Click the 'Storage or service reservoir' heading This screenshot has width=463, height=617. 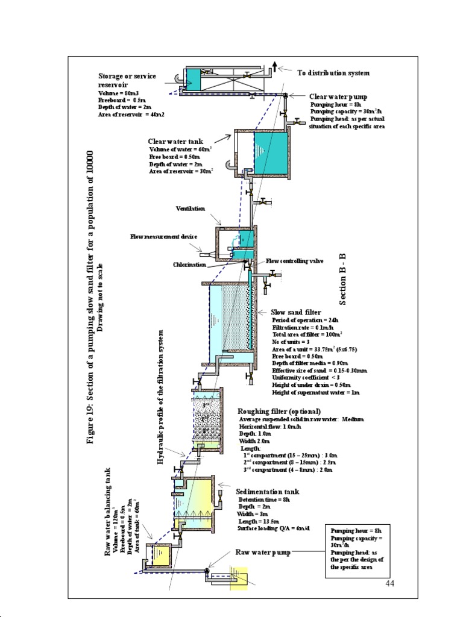pyautogui.click(x=127, y=80)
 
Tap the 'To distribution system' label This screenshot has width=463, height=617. pyautogui.click(x=333, y=73)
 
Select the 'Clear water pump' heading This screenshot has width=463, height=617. pyautogui.click(x=338, y=96)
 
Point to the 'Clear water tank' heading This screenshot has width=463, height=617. pyautogui.click(x=176, y=142)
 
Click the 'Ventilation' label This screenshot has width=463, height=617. pyautogui.click(x=191, y=208)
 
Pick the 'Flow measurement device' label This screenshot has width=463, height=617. pyautogui.click(x=164, y=237)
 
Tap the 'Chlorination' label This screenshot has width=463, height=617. pyautogui.click(x=189, y=265)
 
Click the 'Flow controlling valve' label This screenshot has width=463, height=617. pyautogui.click(x=295, y=261)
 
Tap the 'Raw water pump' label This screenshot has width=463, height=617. pyautogui.click(x=263, y=552)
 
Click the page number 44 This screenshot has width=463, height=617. pyautogui.click(x=389, y=584)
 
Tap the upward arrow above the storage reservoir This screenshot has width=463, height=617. pyautogui.click(x=275, y=66)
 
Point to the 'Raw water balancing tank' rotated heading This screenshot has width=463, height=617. pyautogui.click(x=109, y=510)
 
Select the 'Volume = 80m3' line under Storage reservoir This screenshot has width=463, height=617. pyautogui.click(x=119, y=94)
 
